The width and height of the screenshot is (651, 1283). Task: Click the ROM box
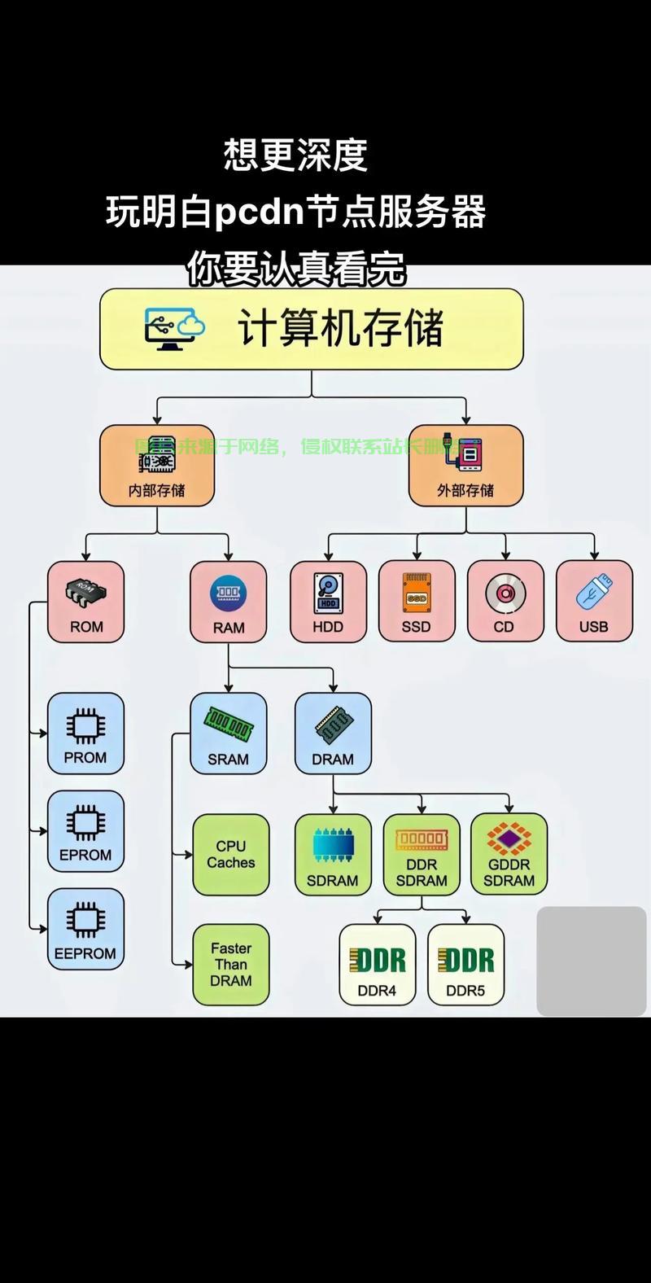[x=85, y=602]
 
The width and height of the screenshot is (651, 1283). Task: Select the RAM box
[x=229, y=602]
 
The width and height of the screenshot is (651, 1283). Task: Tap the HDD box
[x=328, y=601]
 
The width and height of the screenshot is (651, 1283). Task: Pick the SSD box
[x=417, y=601]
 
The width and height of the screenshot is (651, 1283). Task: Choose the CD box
[x=505, y=601]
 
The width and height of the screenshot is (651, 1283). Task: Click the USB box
[x=594, y=601]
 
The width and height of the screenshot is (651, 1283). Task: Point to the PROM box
[x=85, y=733]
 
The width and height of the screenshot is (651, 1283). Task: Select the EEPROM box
[x=85, y=929]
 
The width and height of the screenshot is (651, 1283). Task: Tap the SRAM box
[x=229, y=733]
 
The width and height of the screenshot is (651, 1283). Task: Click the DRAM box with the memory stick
[x=333, y=733]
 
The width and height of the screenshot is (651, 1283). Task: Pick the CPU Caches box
[x=231, y=855]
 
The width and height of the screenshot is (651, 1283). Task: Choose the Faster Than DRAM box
[x=231, y=965]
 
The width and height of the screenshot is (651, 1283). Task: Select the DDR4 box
[x=378, y=965]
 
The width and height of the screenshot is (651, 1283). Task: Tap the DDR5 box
[x=465, y=965]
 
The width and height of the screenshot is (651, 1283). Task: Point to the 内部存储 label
[x=157, y=491]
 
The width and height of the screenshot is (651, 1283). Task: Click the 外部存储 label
[x=465, y=491]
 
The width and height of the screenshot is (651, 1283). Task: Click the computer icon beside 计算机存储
[x=173, y=328]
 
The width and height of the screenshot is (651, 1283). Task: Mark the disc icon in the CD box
[x=505, y=593]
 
